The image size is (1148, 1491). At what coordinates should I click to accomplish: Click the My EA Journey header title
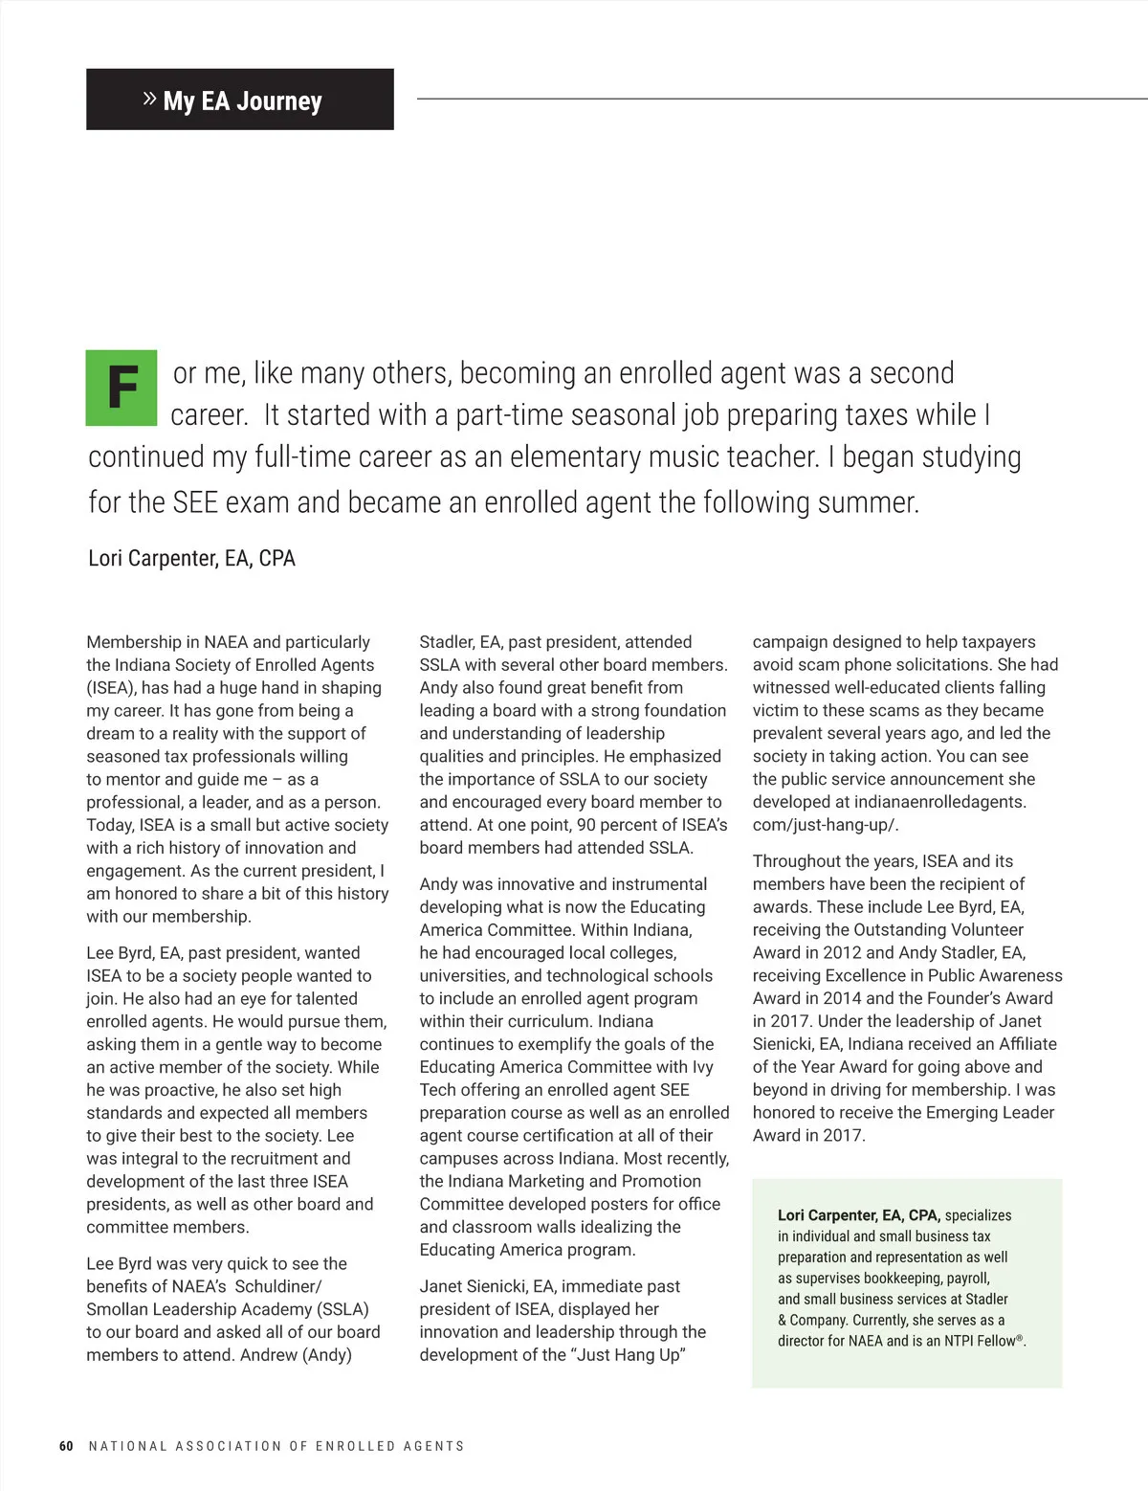(242, 100)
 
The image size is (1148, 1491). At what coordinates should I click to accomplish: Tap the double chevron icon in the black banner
(149, 99)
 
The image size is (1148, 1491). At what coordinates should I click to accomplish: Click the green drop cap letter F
(121, 388)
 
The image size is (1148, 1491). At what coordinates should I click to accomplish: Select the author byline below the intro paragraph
(191, 558)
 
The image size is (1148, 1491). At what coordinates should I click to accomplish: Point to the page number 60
(66, 1446)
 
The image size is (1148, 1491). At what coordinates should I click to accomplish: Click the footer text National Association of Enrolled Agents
(276, 1446)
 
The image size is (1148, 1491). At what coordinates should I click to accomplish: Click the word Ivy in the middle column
(702, 1067)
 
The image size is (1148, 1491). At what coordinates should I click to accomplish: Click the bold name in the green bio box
(859, 1215)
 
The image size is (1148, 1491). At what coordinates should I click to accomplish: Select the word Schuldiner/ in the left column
(278, 1286)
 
